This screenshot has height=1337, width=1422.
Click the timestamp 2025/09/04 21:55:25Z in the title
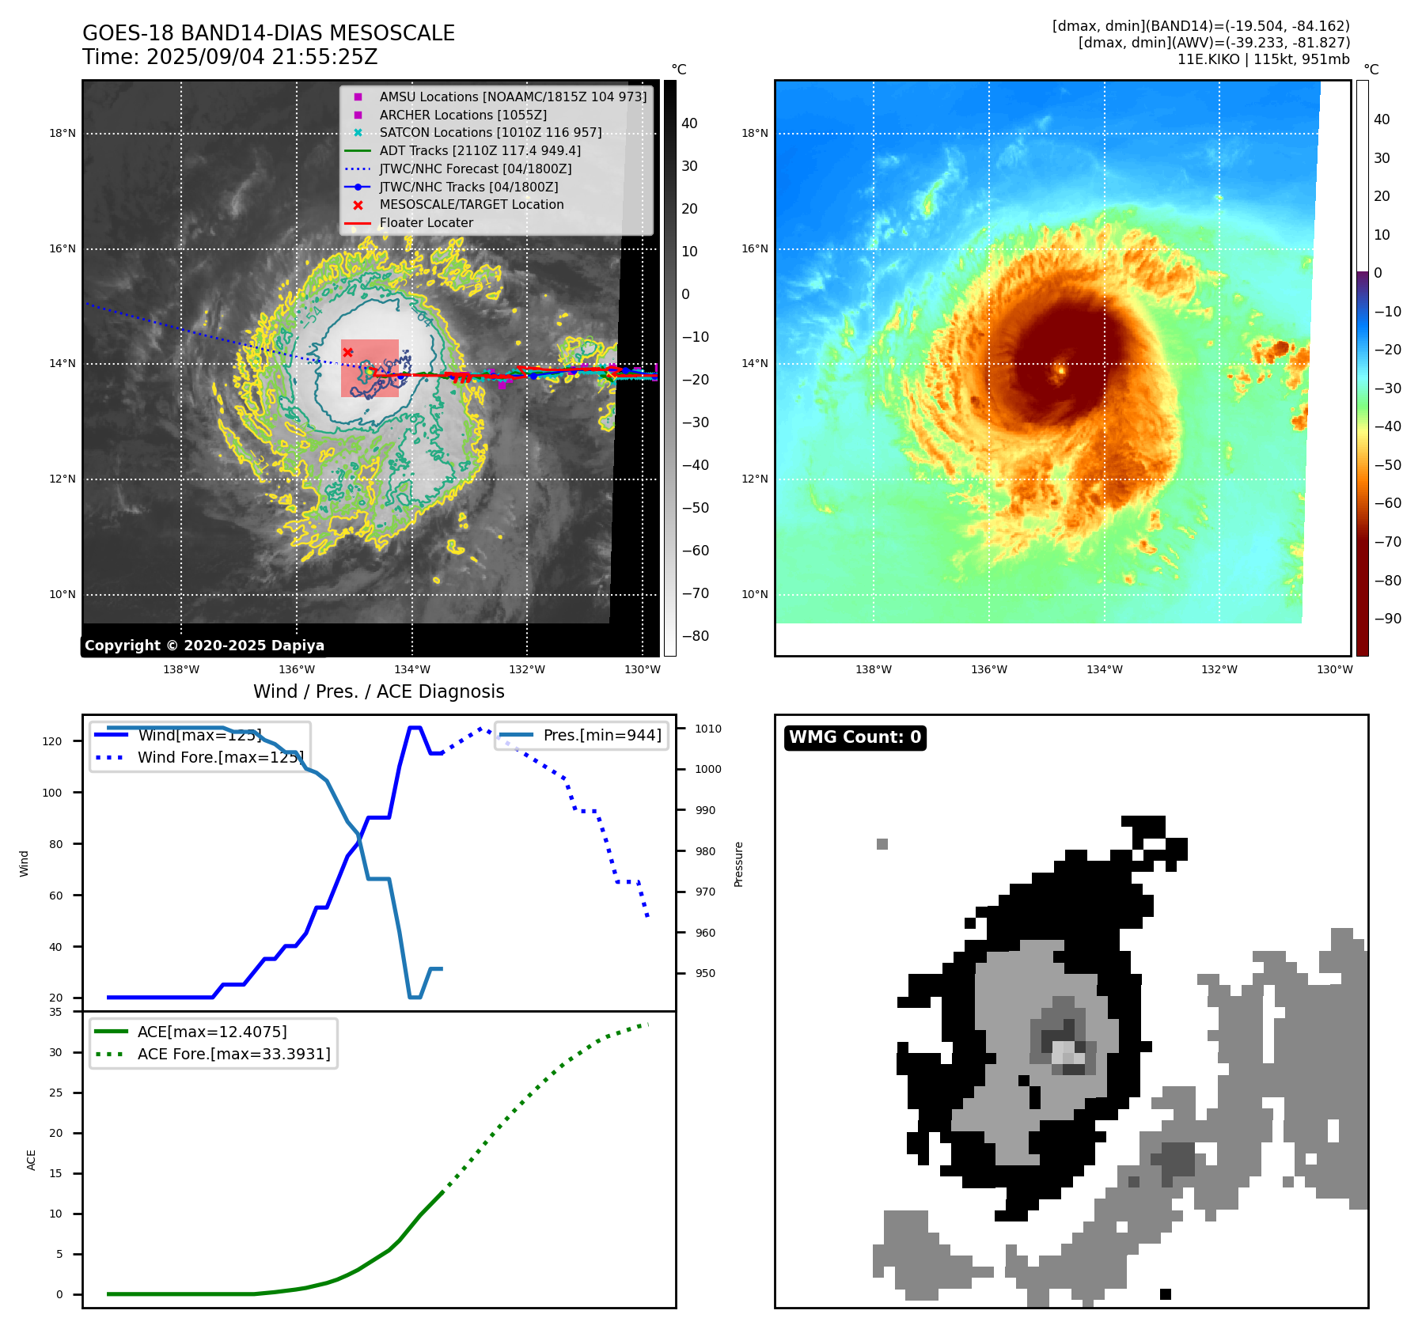tap(262, 58)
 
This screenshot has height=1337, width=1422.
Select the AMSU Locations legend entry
tap(512, 97)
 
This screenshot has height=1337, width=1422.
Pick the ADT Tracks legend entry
tap(480, 150)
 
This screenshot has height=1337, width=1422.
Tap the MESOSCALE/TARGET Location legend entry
tap(471, 204)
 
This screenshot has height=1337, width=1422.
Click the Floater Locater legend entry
tap(426, 223)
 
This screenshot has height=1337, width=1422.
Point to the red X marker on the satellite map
tap(348, 352)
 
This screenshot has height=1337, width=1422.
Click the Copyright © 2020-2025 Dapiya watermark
tap(204, 646)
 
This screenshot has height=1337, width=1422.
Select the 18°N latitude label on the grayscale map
tap(63, 133)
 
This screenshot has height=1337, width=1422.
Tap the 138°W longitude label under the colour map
tap(874, 669)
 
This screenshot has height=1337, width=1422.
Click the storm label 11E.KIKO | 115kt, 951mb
tap(1263, 59)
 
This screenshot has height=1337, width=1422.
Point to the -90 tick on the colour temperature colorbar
tap(1387, 619)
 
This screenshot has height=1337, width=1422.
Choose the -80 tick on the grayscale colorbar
tap(695, 636)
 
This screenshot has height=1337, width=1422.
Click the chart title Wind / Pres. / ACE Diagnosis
tap(378, 691)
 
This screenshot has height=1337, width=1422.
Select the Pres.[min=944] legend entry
tap(601, 735)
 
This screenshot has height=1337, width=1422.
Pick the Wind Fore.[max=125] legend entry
tap(220, 757)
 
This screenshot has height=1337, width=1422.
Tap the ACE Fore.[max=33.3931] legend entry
tap(233, 1054)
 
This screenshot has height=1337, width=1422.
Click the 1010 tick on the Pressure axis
tap(708, 729)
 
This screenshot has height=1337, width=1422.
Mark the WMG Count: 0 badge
tap(855, 737)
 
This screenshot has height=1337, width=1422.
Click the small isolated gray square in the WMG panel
tap(882, 844)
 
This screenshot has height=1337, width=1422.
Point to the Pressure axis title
tap(738, 864)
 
